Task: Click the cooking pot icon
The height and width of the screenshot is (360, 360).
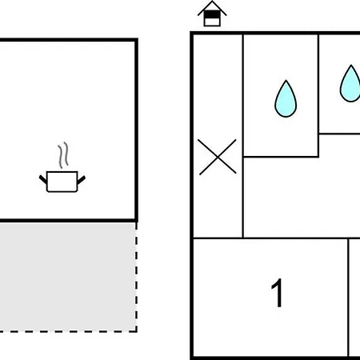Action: (62, 182)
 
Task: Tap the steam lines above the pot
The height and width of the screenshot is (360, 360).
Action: (63, 155)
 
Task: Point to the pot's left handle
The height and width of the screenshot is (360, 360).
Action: (43, 179)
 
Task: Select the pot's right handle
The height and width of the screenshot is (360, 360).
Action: (81, 180)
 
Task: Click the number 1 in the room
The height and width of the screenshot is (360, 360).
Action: (277, 293)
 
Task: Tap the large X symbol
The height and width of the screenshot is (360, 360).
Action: (218, 157)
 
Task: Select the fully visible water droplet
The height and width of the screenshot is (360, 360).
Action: (286, 98)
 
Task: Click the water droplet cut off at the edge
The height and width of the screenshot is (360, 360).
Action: (350, 83)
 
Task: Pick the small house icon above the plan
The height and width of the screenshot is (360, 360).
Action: (212, 14)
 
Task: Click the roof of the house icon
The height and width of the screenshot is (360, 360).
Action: (212, 8)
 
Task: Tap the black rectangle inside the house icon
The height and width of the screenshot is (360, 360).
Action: (212, 14)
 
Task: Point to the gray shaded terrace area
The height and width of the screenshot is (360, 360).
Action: (68, 277)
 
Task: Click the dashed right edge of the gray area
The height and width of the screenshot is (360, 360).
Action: (136, 277)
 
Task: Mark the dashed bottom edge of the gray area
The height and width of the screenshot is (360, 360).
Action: (68, 331)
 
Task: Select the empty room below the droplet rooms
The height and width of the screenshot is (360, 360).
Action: (302, 198)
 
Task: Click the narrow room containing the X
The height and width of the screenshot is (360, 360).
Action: (218, 136)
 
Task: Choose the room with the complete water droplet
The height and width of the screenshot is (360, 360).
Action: (281, 95)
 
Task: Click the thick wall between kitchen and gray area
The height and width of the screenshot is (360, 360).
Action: (68, 221)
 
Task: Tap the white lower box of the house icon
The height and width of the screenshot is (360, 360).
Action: (212, 22)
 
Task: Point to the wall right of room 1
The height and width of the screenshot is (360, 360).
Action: (348, 298)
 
